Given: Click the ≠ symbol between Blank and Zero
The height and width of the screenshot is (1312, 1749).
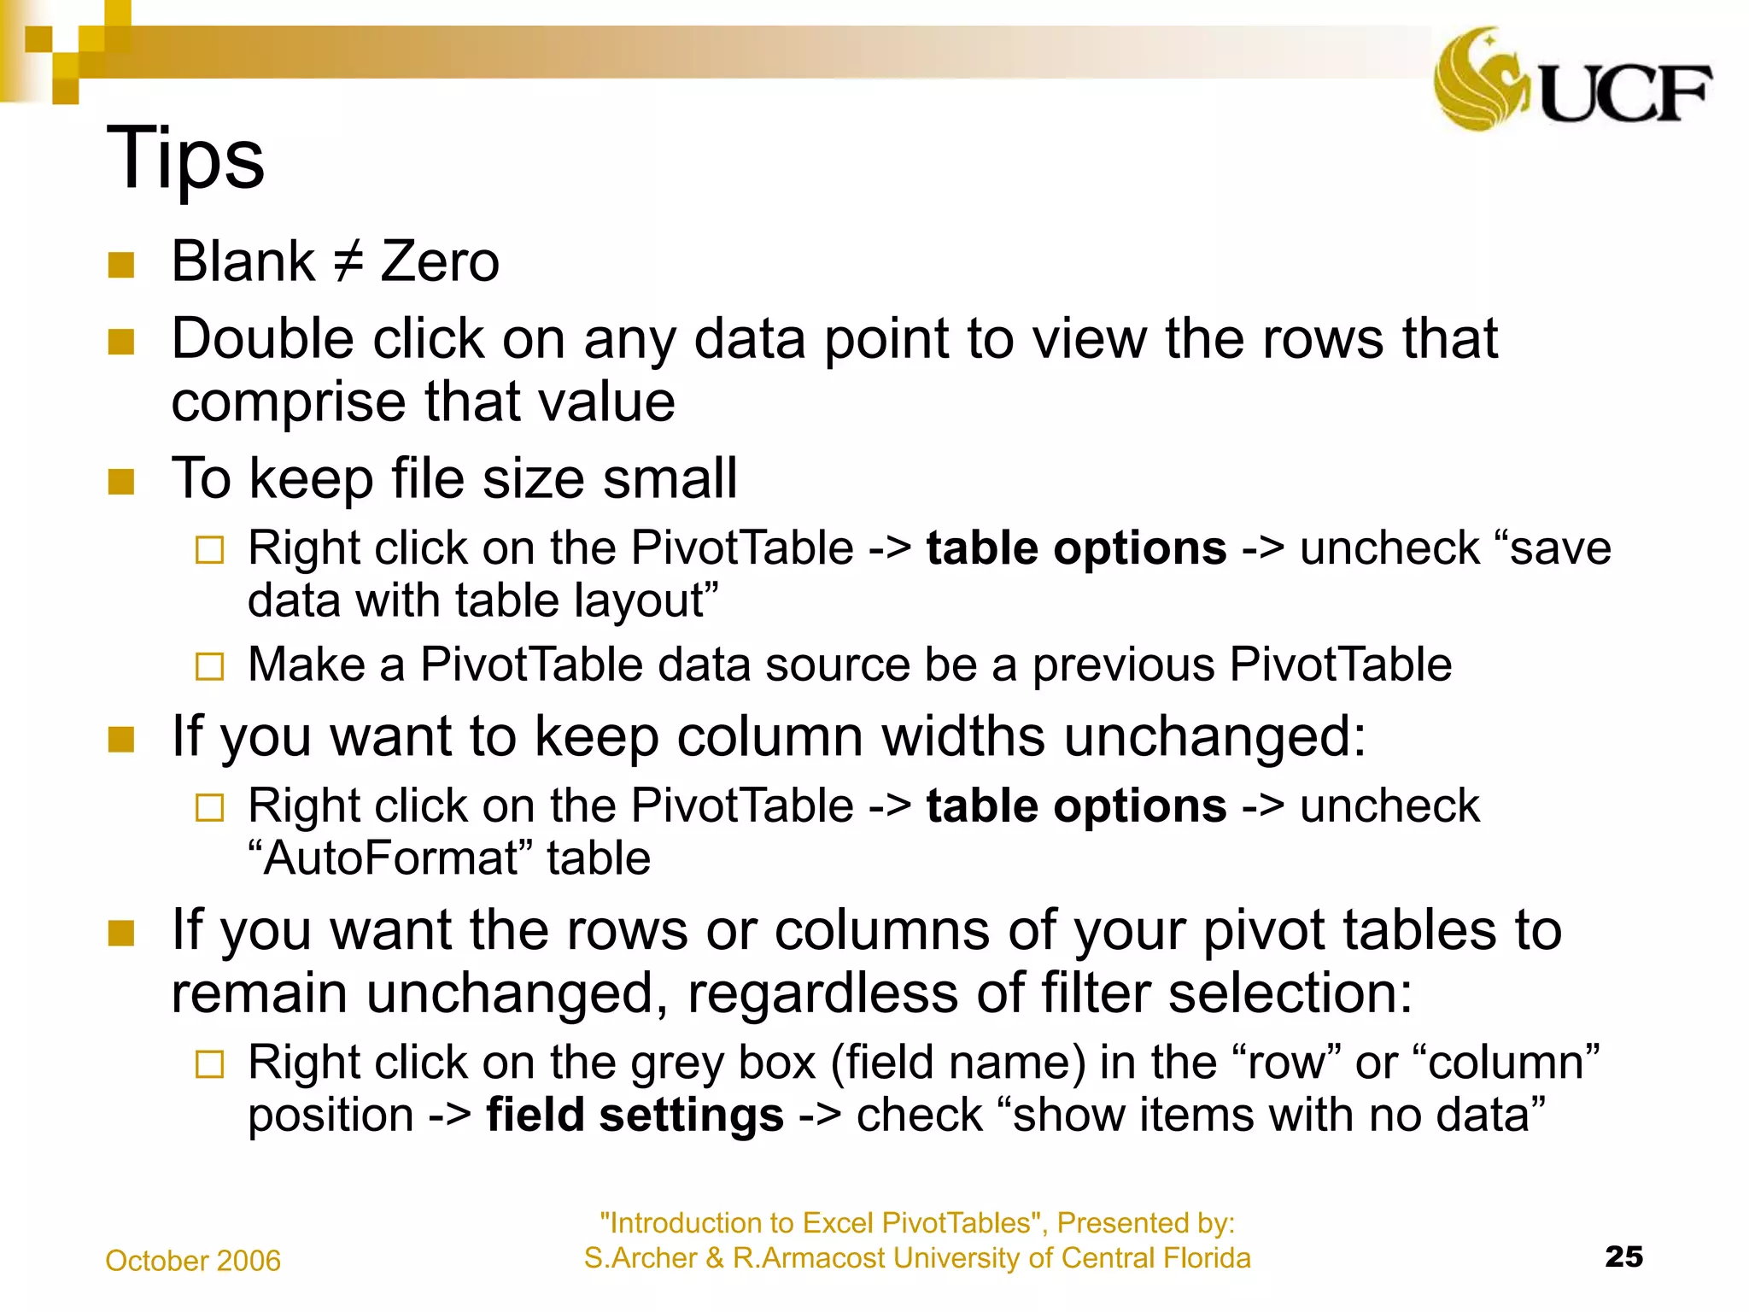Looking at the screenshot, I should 348,261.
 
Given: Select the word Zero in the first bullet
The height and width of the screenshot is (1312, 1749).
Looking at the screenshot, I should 440,261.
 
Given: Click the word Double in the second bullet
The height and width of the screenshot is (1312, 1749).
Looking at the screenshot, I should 262,338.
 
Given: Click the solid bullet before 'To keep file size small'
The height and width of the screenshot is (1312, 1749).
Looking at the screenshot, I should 121,481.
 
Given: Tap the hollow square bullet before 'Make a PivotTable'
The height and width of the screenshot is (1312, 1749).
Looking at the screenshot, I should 209,666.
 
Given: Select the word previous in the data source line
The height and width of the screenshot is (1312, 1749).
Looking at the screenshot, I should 1123,665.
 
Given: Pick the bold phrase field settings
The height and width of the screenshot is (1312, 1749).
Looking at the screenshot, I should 635,1116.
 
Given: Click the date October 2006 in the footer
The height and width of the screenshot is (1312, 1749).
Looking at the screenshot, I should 193,1261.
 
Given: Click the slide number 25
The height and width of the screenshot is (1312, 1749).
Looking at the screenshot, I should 1623,1256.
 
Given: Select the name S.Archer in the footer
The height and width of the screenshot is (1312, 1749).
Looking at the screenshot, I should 640,1258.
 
